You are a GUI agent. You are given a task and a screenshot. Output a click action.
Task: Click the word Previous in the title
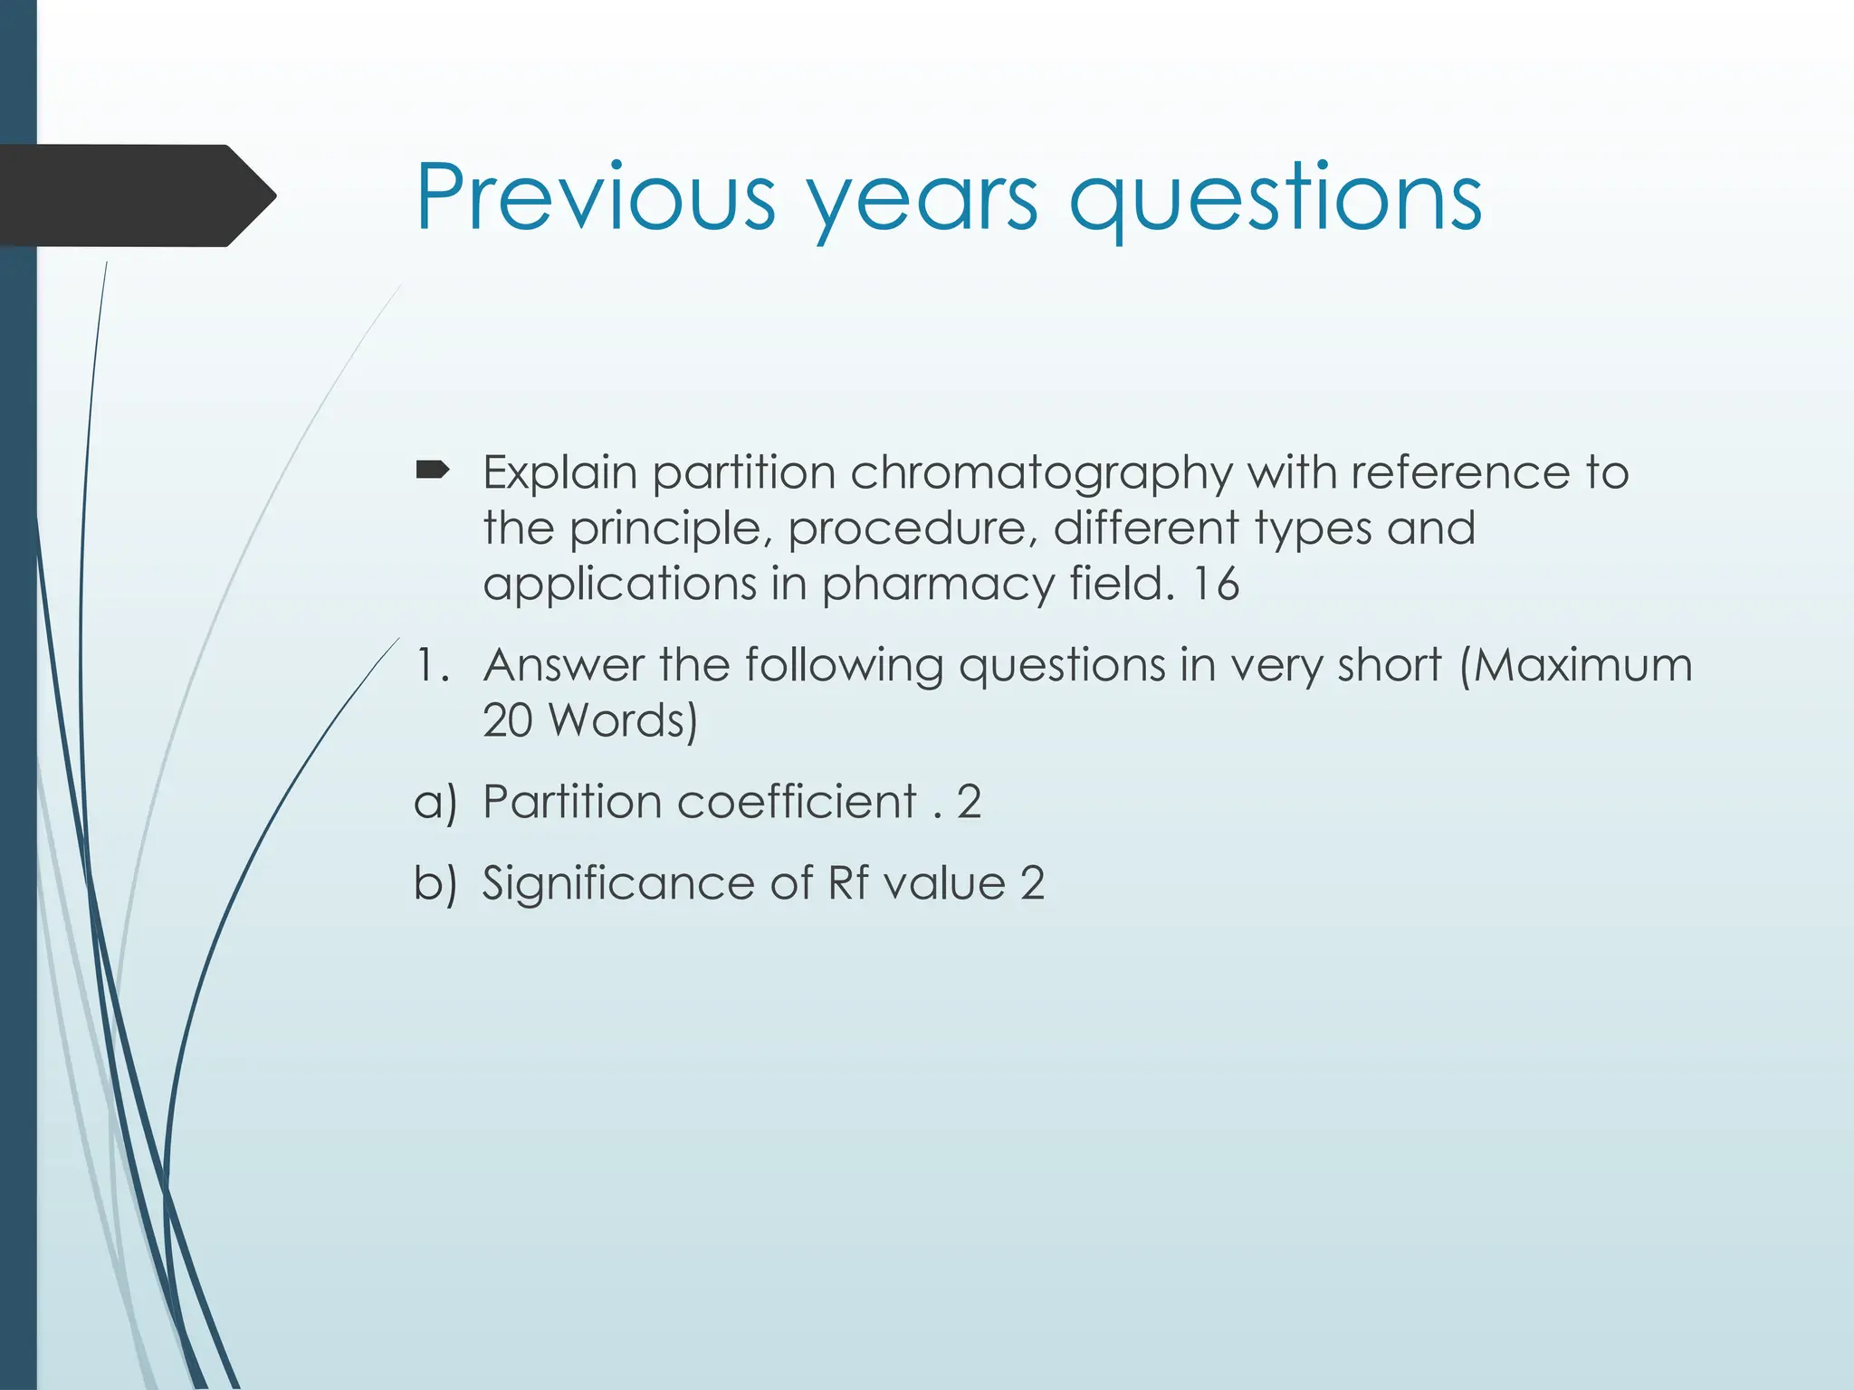595,196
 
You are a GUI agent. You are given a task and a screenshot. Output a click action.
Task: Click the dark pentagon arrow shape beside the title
136,195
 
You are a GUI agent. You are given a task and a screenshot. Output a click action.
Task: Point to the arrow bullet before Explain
432,470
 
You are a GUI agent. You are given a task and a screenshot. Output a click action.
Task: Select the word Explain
560,473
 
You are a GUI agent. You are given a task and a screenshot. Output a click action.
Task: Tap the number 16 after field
1215,584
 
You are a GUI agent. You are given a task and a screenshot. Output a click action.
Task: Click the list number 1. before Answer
431,665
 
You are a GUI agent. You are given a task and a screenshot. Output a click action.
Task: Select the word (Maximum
1575,665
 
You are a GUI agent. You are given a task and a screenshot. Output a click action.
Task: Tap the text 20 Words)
589,721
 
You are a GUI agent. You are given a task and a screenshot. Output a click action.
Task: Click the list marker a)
435,803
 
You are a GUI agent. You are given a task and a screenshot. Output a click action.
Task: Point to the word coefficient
797,802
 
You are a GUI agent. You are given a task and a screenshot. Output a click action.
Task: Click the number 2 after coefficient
969,802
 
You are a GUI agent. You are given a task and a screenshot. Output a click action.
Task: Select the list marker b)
435,883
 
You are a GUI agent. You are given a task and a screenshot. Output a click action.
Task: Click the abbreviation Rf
848,883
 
